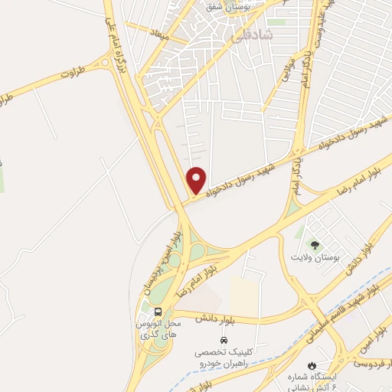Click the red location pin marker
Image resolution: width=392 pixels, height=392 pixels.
click(x=197, y=180)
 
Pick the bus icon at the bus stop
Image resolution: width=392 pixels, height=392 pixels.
click(x=158, y=312)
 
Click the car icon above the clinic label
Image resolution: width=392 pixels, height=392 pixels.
click(x=224, y=339)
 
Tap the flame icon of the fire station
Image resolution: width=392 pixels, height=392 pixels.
click(x=312, y=365)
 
